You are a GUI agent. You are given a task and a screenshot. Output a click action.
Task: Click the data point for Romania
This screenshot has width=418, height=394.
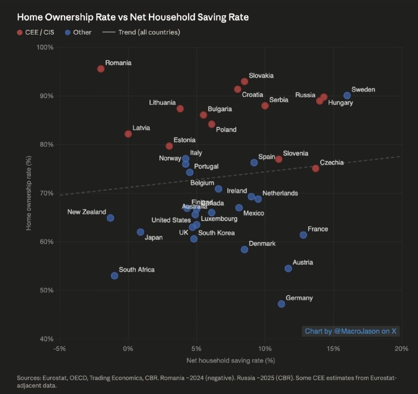(101, 69)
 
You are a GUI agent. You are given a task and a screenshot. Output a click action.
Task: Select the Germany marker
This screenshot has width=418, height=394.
(282, 304)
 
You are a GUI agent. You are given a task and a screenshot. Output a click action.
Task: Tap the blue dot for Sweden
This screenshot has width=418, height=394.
(347, 96)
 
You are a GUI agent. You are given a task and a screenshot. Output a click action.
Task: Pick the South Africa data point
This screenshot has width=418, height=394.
(114, 276)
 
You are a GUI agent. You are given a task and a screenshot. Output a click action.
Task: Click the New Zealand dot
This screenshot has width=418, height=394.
(110, 218)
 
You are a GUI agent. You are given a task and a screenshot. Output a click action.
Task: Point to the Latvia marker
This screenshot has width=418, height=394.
(128, 134)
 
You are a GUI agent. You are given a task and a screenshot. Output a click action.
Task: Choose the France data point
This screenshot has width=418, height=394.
(303, 235)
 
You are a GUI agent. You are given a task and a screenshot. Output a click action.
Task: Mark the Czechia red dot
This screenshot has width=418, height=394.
(316, 168)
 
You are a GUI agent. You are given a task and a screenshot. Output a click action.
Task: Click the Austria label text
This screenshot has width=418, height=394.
(303, 262)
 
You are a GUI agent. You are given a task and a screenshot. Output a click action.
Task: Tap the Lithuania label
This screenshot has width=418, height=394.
(162, 103)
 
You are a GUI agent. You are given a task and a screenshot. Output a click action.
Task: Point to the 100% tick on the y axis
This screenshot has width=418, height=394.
(45, 48)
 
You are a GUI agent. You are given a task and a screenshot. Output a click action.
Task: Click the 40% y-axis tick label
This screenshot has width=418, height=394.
(47, 339)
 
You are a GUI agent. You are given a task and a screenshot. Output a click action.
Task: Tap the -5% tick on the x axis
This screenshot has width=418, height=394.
(60, 349)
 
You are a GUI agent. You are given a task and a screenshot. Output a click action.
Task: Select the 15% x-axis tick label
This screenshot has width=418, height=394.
(333, 349)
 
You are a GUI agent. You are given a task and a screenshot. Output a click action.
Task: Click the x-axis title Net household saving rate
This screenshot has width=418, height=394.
(230, 361)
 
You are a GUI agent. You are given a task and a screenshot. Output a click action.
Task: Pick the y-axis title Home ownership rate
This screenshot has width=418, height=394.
(30, 193)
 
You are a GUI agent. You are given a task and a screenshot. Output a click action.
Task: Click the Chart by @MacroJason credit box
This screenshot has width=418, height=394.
(350, 331)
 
